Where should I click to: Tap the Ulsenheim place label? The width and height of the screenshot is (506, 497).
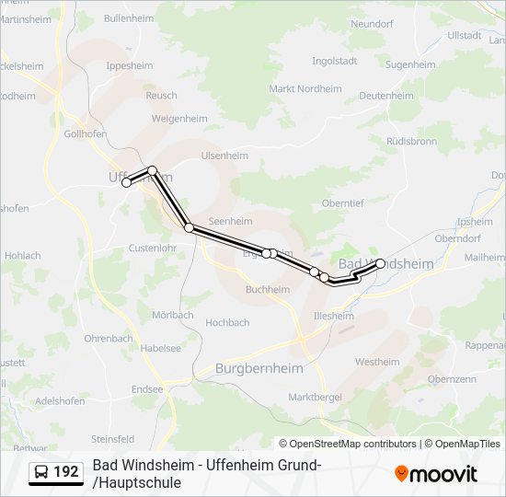point(224,156)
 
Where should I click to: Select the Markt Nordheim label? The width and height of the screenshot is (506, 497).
point(305,89)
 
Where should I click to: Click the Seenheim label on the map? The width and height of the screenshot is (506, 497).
point(230,221)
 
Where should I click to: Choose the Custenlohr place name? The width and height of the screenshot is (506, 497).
point(152,248)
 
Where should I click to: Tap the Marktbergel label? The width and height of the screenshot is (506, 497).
point(315,397)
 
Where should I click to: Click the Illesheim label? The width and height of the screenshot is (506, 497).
point(333,316)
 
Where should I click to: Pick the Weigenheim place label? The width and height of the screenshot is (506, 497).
point(179,119)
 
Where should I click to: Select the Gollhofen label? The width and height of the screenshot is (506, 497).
point(86,133)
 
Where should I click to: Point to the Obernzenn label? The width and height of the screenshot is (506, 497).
point(451,378)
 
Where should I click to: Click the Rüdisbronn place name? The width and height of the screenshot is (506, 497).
point(411,142)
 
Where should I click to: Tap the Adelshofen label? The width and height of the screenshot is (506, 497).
point(59,400)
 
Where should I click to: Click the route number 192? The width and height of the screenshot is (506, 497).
point(66,472)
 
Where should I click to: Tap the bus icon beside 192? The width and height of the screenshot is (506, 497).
point(42,473)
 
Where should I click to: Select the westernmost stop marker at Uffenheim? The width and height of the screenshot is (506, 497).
point(127,182)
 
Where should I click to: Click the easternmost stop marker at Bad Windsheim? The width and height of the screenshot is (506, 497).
point(380,263)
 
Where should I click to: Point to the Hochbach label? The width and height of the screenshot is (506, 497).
point(227,322)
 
